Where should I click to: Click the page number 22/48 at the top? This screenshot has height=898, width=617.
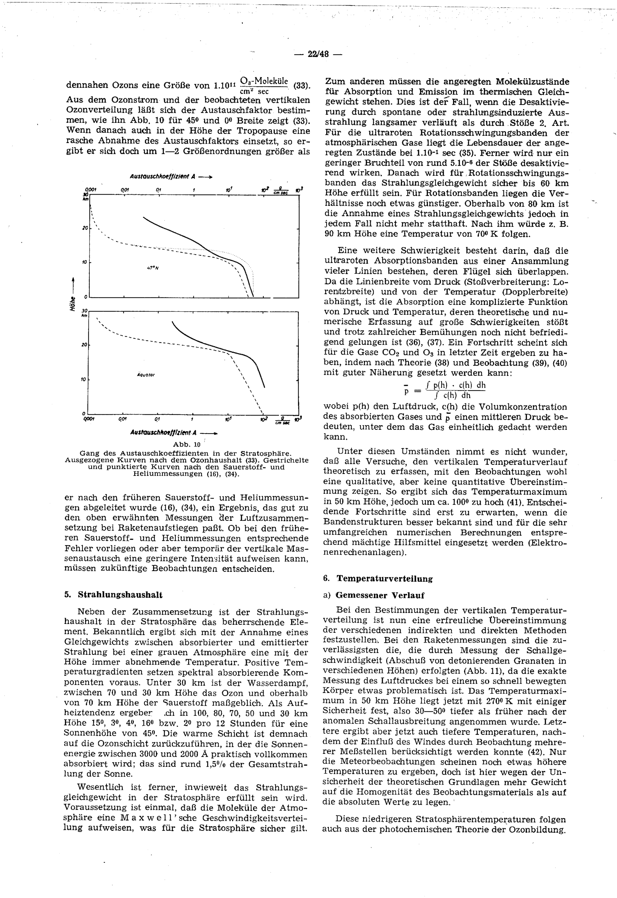(318, 54)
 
